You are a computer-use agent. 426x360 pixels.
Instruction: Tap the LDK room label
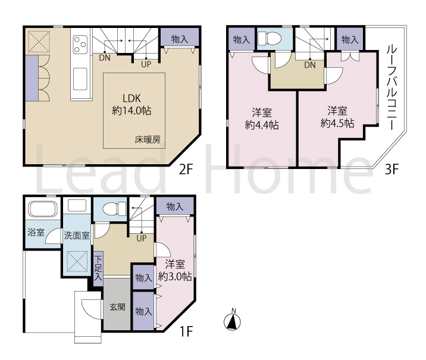tap(131, 98)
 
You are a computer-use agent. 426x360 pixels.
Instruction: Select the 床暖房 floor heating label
tap(148, 140)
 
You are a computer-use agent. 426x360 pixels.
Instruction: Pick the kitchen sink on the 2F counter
tap(80, 79)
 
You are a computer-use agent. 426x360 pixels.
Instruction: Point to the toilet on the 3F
tap(269, 38)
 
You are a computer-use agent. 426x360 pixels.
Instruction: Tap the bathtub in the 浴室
tap(43, 209)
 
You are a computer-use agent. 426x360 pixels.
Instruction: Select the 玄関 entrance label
tap(117, 307)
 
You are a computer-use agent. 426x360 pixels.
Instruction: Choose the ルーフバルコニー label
tap(391, 87)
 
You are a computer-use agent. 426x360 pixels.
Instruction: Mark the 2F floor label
tap(186, 170)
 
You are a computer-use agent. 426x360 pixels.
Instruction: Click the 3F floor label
tap(391, 170)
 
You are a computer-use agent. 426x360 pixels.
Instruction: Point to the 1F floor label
tap(186, 331)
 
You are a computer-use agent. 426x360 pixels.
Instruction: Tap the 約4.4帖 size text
tap(262, 125)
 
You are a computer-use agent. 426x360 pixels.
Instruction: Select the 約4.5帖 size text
tap(337, 123)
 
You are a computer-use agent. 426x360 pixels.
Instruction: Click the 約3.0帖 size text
tap(175, 276)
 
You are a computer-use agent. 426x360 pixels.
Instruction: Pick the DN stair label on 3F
tap(310, 65)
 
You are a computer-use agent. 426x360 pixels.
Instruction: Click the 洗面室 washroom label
tap(77, 235)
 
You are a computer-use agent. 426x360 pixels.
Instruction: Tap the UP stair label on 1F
tap(141, 239)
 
